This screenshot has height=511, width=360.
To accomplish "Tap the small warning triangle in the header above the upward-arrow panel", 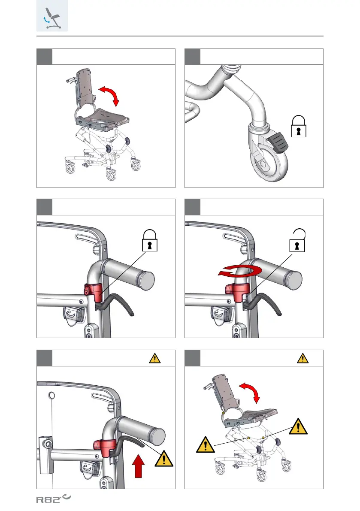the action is pos(155,358).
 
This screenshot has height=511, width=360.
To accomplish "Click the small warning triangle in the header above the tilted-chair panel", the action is pos(303,358).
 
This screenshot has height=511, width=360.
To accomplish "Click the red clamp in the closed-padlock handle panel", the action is pos(93,293).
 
